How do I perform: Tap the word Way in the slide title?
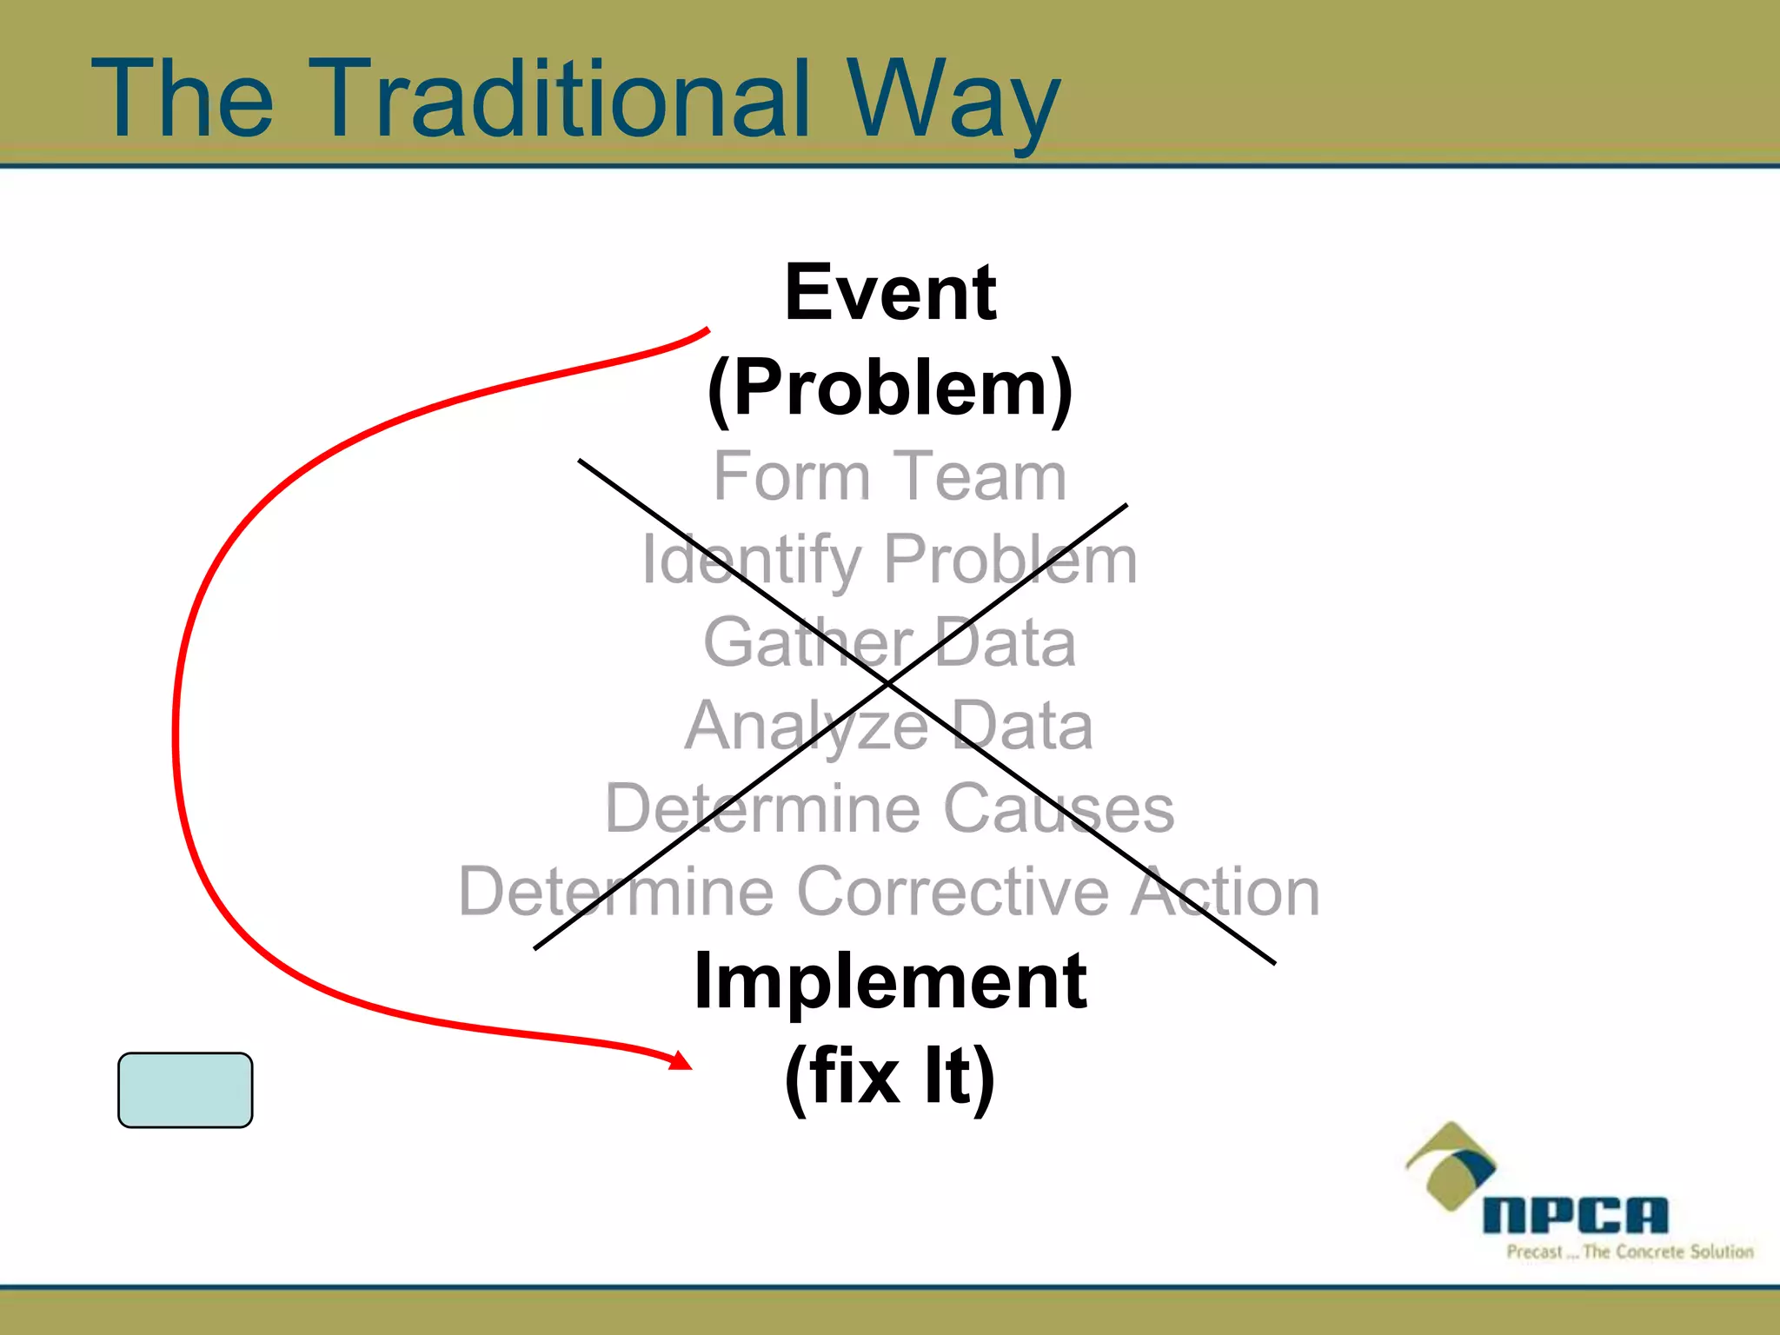pos(953,103)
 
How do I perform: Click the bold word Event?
pos(890,293)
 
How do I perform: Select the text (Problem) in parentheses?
pos(890,389)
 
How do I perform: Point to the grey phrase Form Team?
pos(890,476)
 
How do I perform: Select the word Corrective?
pos(953,893)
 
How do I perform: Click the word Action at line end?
pos(1225,893)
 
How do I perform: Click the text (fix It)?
pos(890,1076)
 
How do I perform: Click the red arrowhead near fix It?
pos(681,1059)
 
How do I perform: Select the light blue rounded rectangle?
pos(185,1090)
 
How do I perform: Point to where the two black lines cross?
pos(888,685)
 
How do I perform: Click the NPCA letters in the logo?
pos(1575,1215)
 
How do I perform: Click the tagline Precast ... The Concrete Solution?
pos(1630,1252)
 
